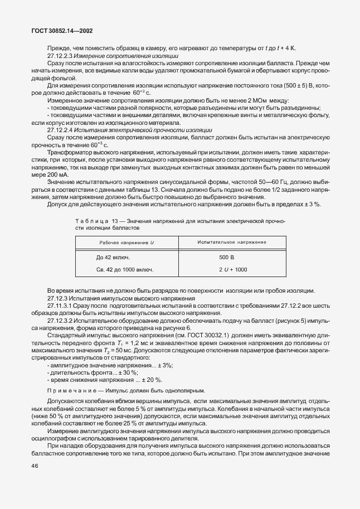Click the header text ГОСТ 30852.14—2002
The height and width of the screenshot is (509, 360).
[59, 32]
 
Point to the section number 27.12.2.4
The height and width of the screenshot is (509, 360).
[61, 129]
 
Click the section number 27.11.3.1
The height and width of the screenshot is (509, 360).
[61, 306]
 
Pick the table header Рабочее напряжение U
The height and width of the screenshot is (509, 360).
[127, 243]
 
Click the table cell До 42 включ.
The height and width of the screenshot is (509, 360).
[113, 258]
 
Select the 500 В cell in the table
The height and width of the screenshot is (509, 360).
[227, 258]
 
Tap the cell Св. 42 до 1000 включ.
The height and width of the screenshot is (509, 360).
[125, 270]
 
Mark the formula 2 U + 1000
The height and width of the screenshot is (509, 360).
[232, 270]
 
